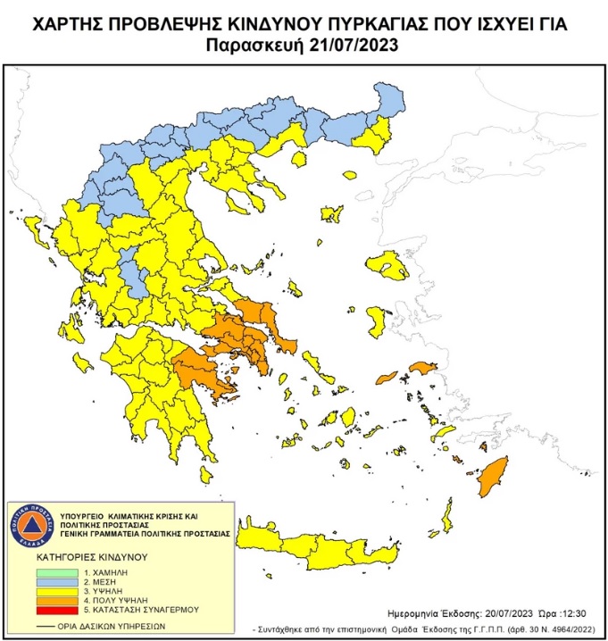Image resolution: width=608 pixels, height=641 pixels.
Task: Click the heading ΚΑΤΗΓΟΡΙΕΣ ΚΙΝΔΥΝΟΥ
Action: (x=91, y=554)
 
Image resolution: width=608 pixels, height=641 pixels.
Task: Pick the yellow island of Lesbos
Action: (x=388, y=265)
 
